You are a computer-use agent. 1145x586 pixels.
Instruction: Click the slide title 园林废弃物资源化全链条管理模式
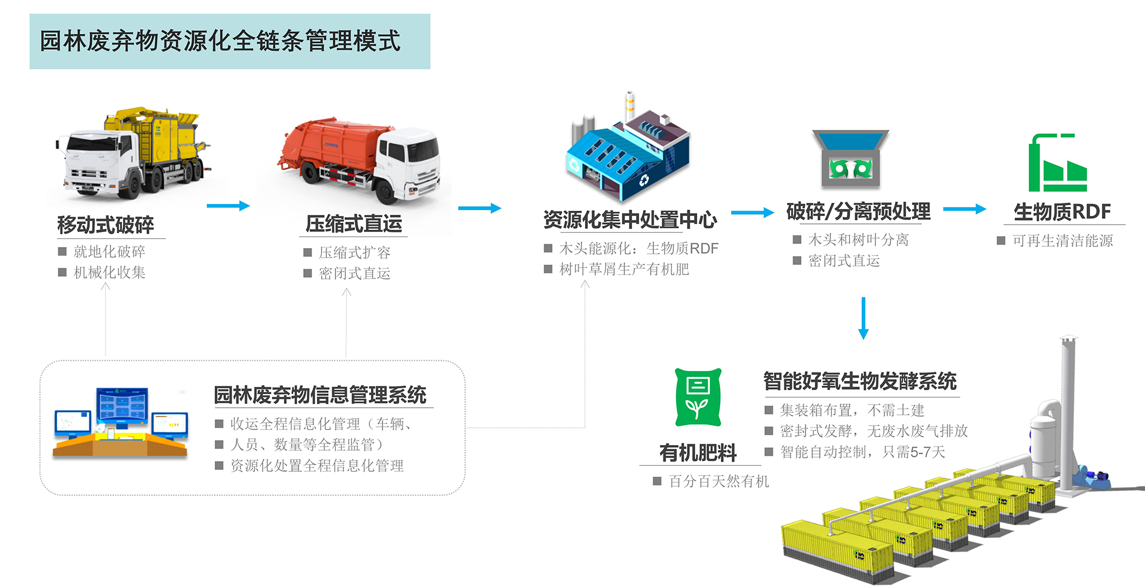[x=220, y=41]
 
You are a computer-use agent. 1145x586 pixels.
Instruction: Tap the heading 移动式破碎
[x=106, y=225]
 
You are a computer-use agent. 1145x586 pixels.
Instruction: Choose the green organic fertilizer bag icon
[x=698, y=398]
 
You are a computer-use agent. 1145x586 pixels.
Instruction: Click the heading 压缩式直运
[x=354, y=223]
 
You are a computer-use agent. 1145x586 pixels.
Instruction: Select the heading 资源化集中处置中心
[x=630, y=219]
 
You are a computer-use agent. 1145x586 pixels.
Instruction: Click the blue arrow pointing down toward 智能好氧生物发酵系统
[x=863, y=318]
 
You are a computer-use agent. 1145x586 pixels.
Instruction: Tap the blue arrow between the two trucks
[x=228, y=206]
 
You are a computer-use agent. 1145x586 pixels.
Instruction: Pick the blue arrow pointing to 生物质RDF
[x=964, y=209]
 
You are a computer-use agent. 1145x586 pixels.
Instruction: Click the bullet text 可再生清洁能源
[x=1063, y=241]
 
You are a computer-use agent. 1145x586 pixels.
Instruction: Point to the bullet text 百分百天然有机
[x=719, y=481]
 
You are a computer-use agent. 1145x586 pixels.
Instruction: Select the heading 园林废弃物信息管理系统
[x=320, y=395]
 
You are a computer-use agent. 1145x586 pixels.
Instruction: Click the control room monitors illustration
[x=121, y=423]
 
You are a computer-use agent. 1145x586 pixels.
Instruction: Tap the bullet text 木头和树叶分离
[x=858, y=239]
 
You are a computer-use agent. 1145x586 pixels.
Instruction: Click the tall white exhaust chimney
[x=1068, y=412]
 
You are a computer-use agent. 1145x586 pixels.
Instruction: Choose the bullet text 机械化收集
[x=109, y=272]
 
